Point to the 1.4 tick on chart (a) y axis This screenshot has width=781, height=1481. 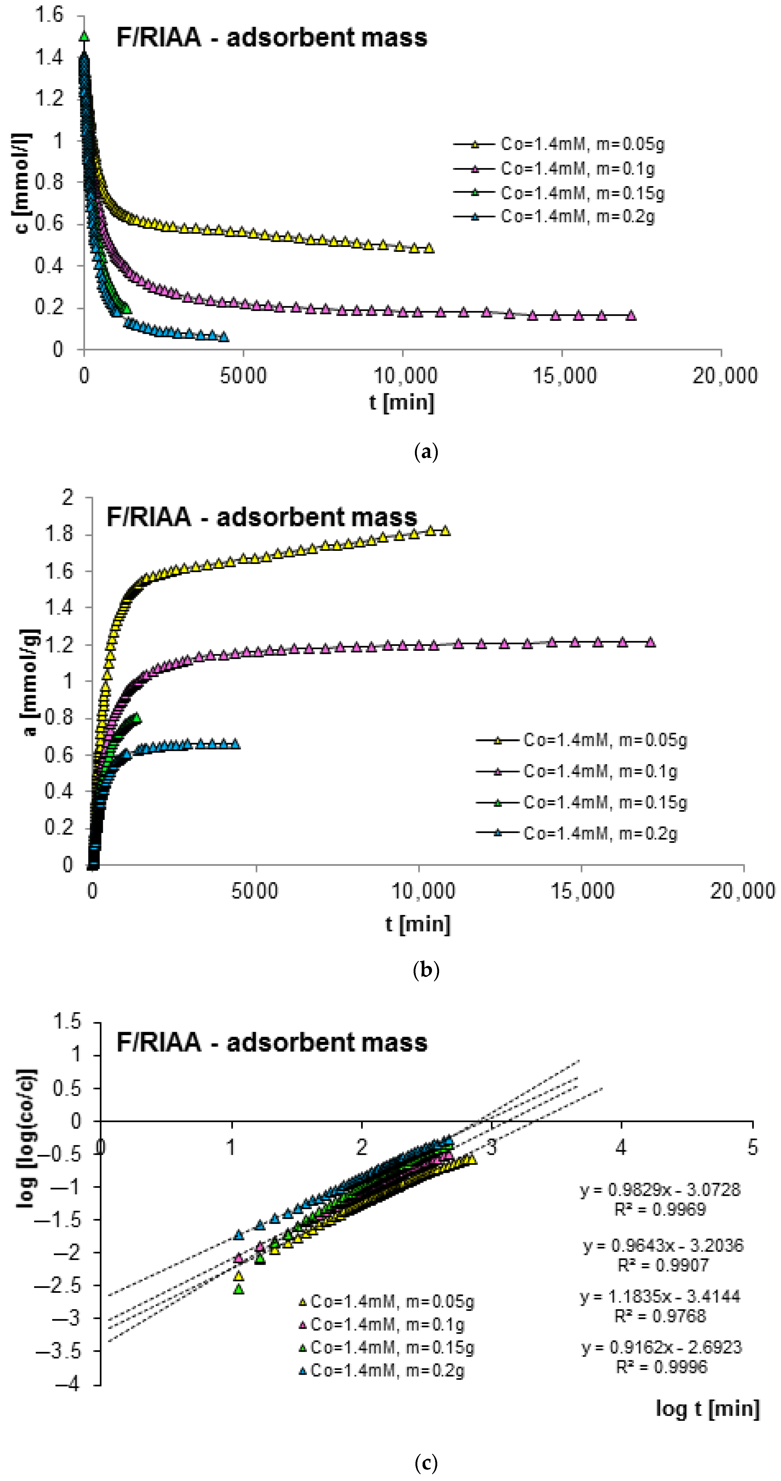point(49,57)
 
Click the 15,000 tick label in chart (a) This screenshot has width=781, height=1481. point(564,376)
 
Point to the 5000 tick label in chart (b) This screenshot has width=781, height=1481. point(255,891)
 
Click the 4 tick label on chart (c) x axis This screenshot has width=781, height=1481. point(621,1148)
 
